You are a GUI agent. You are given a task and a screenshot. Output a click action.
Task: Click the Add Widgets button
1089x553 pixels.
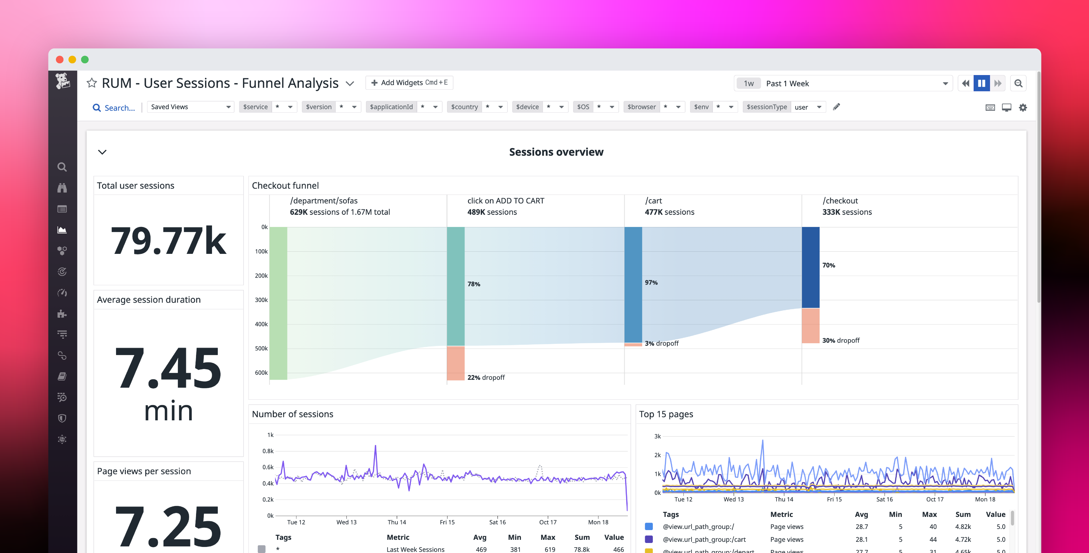coord(409,83)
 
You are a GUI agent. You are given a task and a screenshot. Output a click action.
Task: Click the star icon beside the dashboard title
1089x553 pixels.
coord(92,83)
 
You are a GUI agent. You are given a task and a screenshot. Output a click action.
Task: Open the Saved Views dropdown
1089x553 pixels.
coord(190,107)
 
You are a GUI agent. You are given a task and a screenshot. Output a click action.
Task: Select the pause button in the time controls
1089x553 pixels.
coord(981,83)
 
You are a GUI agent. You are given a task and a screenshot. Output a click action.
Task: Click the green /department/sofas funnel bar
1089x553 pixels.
coord(278,303)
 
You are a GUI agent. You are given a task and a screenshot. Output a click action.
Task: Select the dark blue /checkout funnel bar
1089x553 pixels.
coord(810,267)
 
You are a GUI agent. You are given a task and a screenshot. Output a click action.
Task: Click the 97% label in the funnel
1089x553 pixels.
coord(651,283)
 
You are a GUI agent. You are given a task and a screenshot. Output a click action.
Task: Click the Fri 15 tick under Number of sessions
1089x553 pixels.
coord(447,522)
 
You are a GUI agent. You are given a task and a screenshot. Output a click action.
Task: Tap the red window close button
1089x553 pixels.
coord(60,60)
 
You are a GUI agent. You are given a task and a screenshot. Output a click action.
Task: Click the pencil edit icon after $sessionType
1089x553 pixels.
coord(836,107)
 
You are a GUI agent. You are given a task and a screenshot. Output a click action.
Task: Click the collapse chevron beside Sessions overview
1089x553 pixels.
coord(102,152)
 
